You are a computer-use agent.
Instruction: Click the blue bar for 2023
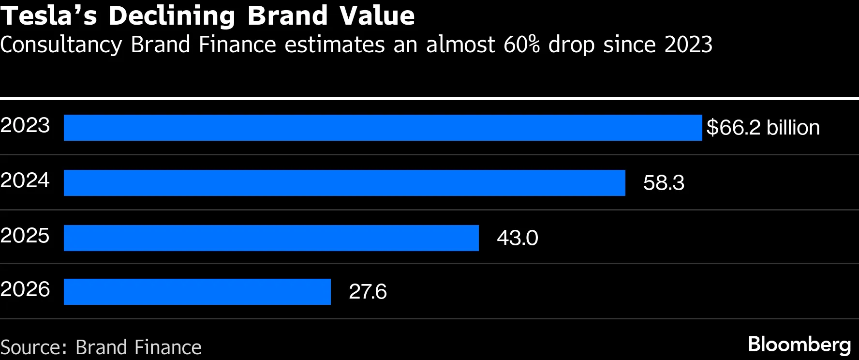(383, 128)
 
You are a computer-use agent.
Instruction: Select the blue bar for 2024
(344, 183)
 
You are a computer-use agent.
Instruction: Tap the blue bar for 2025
(271, 238)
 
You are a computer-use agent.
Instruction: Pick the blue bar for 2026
(197, 292)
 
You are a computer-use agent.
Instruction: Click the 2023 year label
(25, 125)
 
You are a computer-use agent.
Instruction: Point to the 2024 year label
(25, 180)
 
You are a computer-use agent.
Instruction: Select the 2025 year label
(25, 236)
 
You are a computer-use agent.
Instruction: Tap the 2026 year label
(25, 289)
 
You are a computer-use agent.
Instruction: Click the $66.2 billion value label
(763, 128)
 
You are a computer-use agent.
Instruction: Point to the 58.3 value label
(664, 183)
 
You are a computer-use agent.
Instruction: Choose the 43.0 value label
(517, 238)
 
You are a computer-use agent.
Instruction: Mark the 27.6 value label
(368, 292)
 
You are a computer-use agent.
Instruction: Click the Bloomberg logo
(800, 345)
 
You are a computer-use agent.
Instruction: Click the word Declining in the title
(172, 16)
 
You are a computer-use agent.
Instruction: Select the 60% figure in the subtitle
(521, 45)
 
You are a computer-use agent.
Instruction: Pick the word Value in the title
(377, 15)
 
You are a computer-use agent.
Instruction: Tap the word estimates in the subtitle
(334, 45)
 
